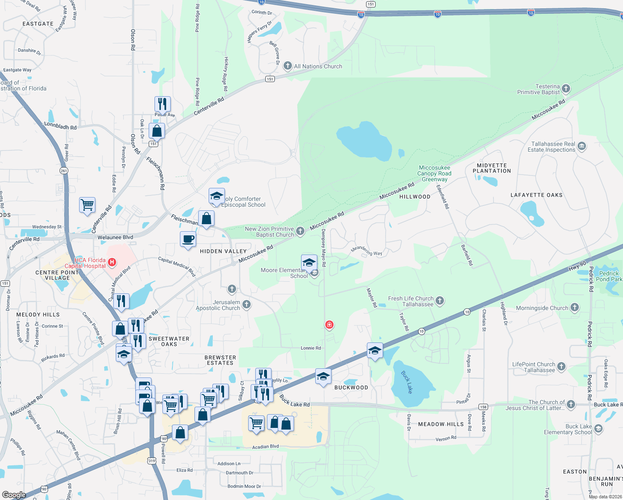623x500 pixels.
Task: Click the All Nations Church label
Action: click(x=318, y=66)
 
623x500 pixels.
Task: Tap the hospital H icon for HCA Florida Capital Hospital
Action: click(x=112, y=262)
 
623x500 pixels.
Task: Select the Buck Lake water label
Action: click(x=407, y=382)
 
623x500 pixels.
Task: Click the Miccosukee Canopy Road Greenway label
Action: click(x=434, y=173)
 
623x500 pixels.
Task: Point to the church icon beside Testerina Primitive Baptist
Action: click(x=566, y=88)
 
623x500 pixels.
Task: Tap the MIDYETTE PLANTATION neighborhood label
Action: click(x=492, y=168)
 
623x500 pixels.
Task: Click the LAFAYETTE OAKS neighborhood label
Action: click(x=536, y=195)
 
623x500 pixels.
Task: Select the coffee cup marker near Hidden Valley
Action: click(x=188, y=240)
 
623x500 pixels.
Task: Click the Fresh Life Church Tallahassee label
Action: click(x=411, y=301)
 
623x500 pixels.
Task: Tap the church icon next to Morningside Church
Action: click(x=575, y=307)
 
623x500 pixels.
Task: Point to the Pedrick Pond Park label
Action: click(x=609, y=276)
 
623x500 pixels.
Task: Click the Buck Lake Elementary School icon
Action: click(x=598, y=428)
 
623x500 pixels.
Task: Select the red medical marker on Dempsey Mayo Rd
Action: click(x=329, y=324)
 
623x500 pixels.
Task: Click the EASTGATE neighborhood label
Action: click(x=38, y=24)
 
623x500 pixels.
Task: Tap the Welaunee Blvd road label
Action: click(x=115, y=237)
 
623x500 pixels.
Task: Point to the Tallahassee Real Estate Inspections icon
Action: click(x=582, y=146)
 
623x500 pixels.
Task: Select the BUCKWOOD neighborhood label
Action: click(x=351, y=387)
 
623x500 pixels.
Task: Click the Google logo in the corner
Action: click(x=14, y=495)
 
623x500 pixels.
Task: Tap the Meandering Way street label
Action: click(x=366, y=251)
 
